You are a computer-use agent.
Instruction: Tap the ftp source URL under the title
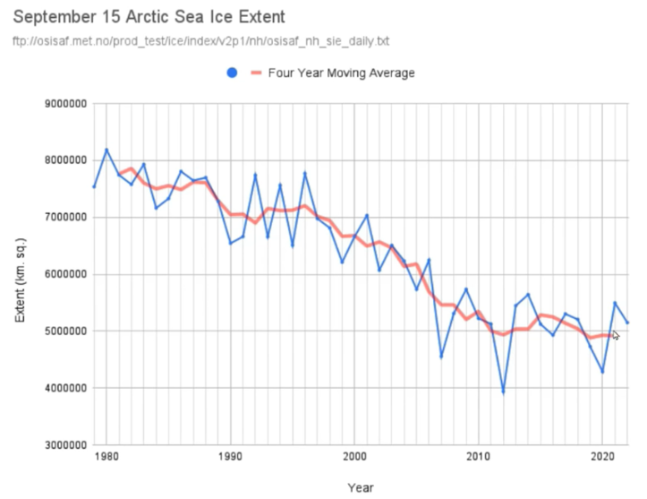click(x=202, y=41)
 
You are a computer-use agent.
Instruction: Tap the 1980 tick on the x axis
click(x=106, y=457)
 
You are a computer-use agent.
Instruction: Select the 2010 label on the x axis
click(x=478, y=457)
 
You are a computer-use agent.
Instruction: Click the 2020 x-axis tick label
click(x=601, y=457)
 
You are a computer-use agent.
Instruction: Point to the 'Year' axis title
click(x=360, y=488)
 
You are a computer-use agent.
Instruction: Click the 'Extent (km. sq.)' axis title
click(x=20, y=274)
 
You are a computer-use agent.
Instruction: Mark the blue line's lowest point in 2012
click(x=503, y=392)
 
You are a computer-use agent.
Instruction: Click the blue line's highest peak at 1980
click(x=106, y=150)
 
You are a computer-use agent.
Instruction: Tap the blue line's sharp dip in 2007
click(x=441, y=357)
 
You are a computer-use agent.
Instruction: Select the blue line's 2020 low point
click(x=602, y=372)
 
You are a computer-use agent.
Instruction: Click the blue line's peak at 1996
click(x=305, y=173)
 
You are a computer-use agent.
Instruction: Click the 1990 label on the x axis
click(x=231, y=457)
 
